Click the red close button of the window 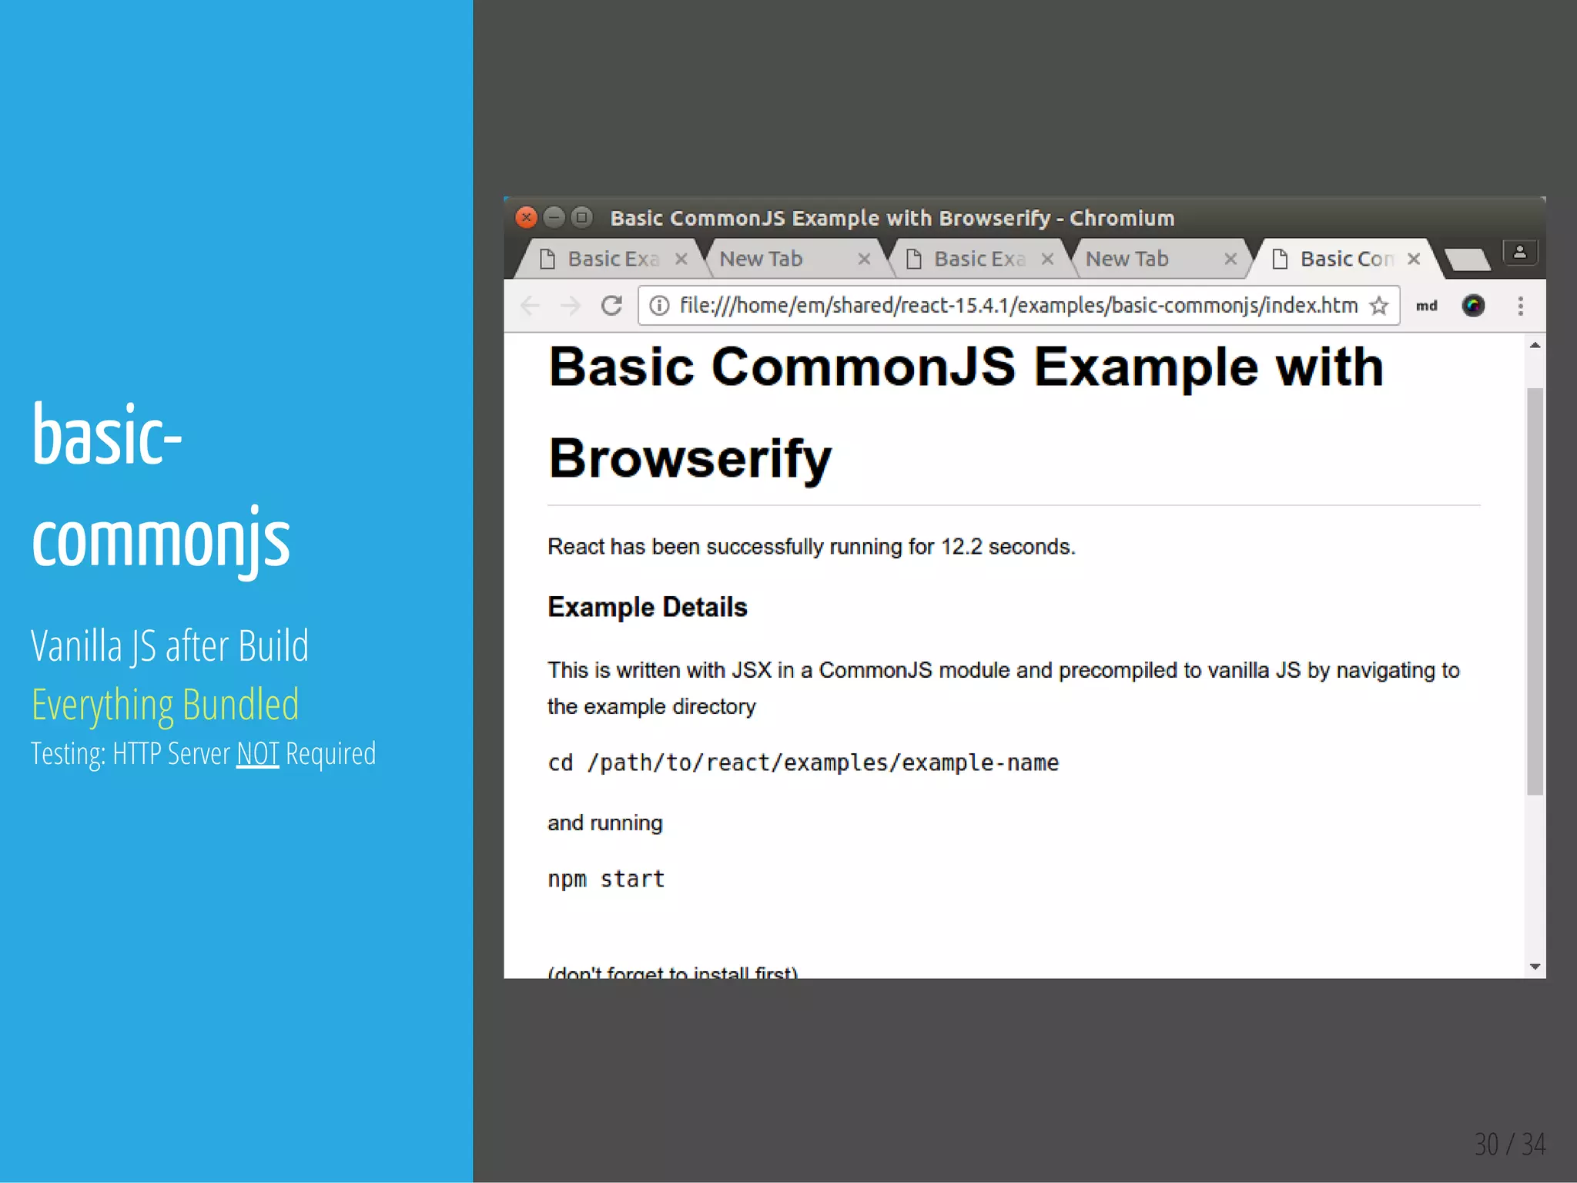tap(526, 218)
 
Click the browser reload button tap(611, 306)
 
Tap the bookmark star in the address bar tap(1378, 306)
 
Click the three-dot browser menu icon tap(1520, 306)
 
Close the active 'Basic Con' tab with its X tap(1414, 260)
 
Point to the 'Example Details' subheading tap(647, 608)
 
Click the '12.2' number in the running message tap(961, 547)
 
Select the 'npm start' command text tap(606, 879)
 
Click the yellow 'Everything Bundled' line tap(165, 705)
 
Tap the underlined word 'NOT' tap(257, 754)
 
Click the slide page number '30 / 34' tap(1509, 1144)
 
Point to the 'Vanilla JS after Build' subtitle tap(169, 645)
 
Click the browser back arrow tap(530, 306)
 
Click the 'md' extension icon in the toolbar tap(1426, 306)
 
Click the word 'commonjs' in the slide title tap(161, 539)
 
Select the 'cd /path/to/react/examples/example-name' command tap(803, 762)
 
